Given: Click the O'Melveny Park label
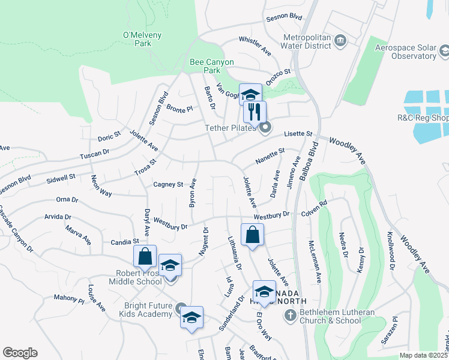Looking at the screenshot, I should [x=142, y=39].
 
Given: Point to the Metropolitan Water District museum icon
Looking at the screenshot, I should [x=341, y=40].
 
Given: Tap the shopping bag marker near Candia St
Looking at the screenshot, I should [x=145, y=257].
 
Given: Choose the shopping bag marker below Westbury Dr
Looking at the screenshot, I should [x=252, y=235].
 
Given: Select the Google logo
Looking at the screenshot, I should [x=20, y=353].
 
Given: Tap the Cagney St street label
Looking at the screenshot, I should [x=168, y=184].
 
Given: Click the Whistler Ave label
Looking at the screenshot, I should [x=255, y=46].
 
